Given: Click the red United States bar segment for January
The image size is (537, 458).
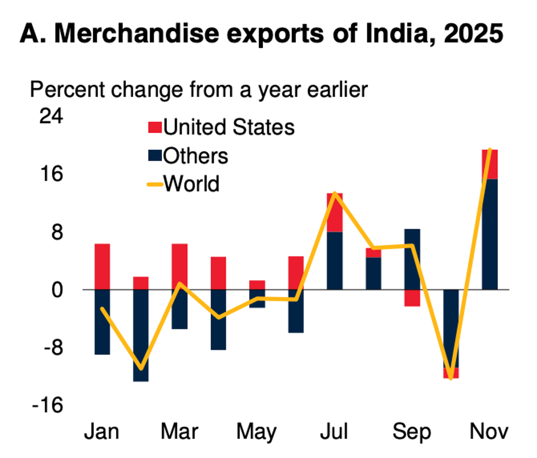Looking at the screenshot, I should (x=102, y=267).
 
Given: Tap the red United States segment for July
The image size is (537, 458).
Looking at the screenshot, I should (x=335, y=212).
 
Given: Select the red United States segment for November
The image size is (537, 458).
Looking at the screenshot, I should (x=490, y=164).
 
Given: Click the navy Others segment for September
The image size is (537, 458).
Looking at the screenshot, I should (x=412, y=259).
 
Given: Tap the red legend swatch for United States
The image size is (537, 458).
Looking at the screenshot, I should (x=154, y=127).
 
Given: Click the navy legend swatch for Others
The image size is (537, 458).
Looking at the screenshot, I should (x=154, y=156).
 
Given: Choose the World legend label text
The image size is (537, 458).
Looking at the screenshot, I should (x=191, y=184).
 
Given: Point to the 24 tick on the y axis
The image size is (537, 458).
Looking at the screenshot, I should (x=51, y=116).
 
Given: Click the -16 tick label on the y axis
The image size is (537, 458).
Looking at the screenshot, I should (x=47, y=405).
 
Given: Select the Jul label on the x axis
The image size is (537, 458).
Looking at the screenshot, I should (x=334, y=432).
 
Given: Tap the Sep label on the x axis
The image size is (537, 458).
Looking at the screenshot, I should (x=412, y=432).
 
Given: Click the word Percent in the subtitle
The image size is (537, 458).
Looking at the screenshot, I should (x=67, y=89).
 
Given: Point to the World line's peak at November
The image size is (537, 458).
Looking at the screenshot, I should (x=490, y=149).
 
